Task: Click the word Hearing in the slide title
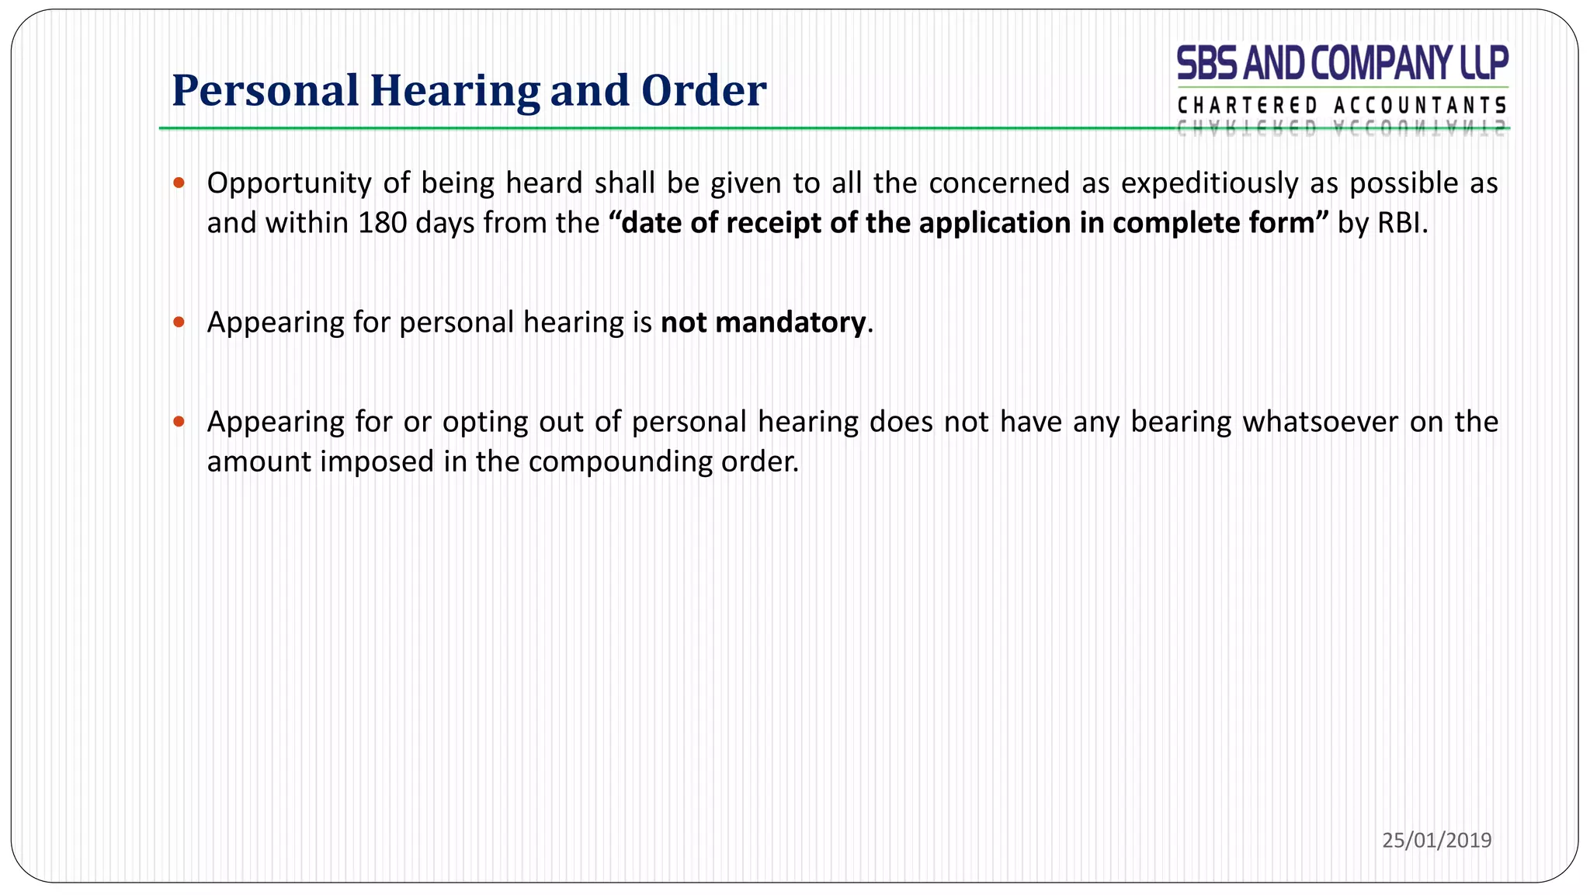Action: coord(455,91)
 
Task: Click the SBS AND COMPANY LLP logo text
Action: coord(1342,63)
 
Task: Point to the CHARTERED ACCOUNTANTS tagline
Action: coord(1342,105)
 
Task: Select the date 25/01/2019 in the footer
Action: coord(1436,840)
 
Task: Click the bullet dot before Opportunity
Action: coord(179,183)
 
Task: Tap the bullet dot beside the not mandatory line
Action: coord(179,322)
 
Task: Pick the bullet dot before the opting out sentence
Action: coord(179,422)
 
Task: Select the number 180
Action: coord(382,223)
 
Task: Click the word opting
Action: coord(475,422)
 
